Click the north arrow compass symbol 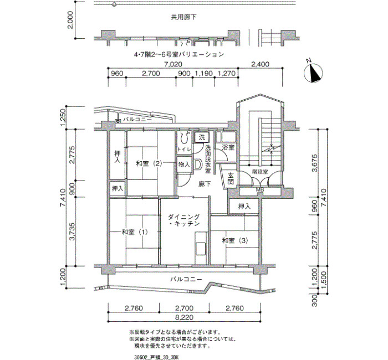[313, 72]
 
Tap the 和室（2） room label [149, 163]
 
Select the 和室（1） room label [135, 232]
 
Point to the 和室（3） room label [235, 240]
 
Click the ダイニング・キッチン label [183, 220]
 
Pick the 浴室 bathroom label [228, 148]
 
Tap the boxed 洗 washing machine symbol [202, 137]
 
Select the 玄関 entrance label [231, 179]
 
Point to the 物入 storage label [184, 164]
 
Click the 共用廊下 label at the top [183, 17]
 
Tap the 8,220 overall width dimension [184, 317]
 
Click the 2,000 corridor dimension [71, 20]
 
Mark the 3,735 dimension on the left [72, 232]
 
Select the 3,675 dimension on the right [315, 163]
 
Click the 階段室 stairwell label [260, 172]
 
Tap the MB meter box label [260, 190]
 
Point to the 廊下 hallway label [205, 184]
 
